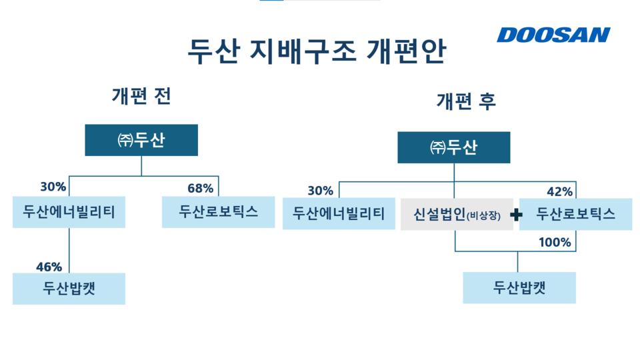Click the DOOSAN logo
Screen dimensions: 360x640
[553, 35]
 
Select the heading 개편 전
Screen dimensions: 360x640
[141, 96]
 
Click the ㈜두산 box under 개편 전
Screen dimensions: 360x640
[141, 140]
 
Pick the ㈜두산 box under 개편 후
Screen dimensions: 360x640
[454, 147]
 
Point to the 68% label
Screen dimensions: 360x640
[200, 188]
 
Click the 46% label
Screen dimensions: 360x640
[49, 267]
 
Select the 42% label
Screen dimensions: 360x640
[559, 191]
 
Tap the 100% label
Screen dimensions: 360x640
[555, 243]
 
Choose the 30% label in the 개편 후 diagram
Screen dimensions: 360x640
[320, 191]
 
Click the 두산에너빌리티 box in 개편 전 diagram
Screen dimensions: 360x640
[69, 212]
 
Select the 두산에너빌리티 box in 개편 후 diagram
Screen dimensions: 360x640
[339, 214]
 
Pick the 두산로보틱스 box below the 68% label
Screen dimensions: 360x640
[218, 212]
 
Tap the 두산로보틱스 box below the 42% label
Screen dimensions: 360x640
[575, 214]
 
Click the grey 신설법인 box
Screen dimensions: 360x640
[457, 215]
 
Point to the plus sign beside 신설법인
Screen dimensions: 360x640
[515, 215]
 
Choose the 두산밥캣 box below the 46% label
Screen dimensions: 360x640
[69, 289]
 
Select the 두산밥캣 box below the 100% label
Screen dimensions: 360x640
[519, 288]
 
